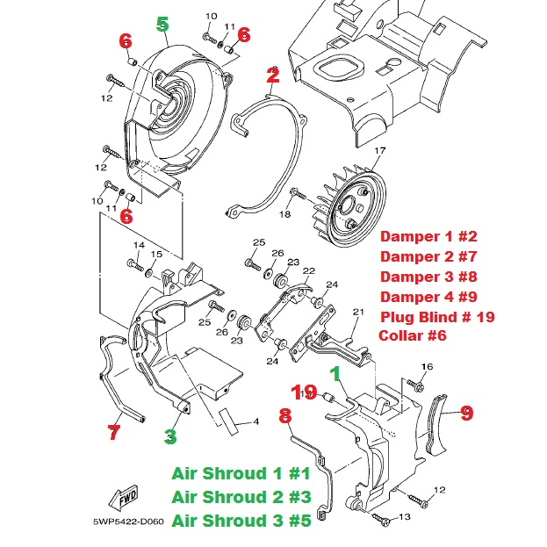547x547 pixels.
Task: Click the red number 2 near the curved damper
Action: click(272, 76)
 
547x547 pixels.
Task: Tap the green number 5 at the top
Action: click(162, 24)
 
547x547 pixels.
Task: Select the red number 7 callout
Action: click(113, 431)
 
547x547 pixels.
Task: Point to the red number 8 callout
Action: click(285, 415)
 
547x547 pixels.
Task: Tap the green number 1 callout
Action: click(334, 372)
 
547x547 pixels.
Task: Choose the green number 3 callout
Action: click(171, 435)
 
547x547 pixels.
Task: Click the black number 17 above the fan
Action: click(379, 152)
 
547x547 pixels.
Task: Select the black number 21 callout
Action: click(357, 313)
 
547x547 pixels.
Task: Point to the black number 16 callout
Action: click(428, 366)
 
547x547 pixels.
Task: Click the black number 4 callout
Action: click(256, 422)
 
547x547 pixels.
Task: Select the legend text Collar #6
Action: click(413, 335)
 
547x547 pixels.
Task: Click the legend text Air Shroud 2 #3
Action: click(241, 496)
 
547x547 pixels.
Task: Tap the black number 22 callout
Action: click(308, 270)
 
